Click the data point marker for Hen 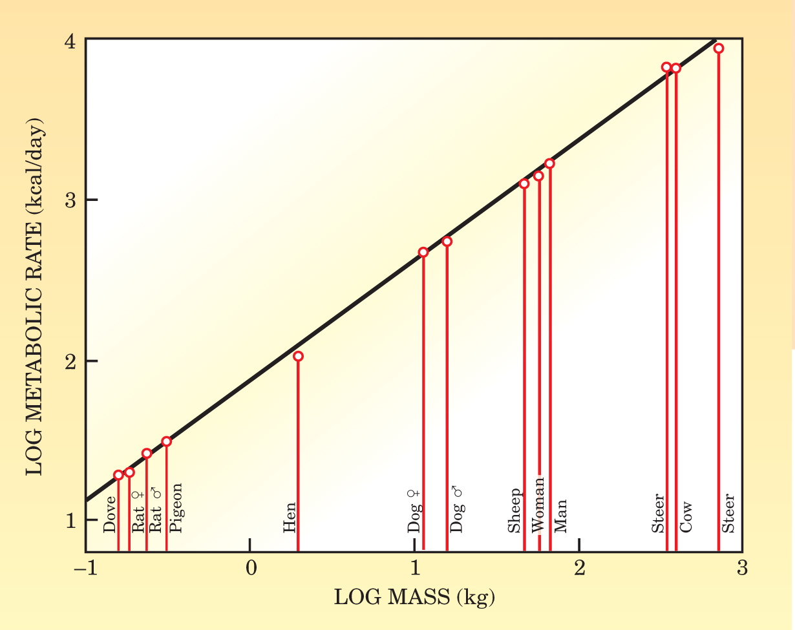point(298,356)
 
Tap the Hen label point(290,518)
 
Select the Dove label point(110,514)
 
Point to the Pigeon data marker point(166,441)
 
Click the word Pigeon point(176,508)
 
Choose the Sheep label point(514,510)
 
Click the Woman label point(538,505)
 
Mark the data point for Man point(549,163)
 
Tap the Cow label point(686,517)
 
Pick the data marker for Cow point(676,68)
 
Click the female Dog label point(414,511)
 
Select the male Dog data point point(447,242)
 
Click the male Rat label point(156,510)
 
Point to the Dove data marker point(118,475)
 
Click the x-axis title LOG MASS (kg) point(414,598)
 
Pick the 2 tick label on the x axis point(579,569)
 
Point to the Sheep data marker point(524,184)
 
